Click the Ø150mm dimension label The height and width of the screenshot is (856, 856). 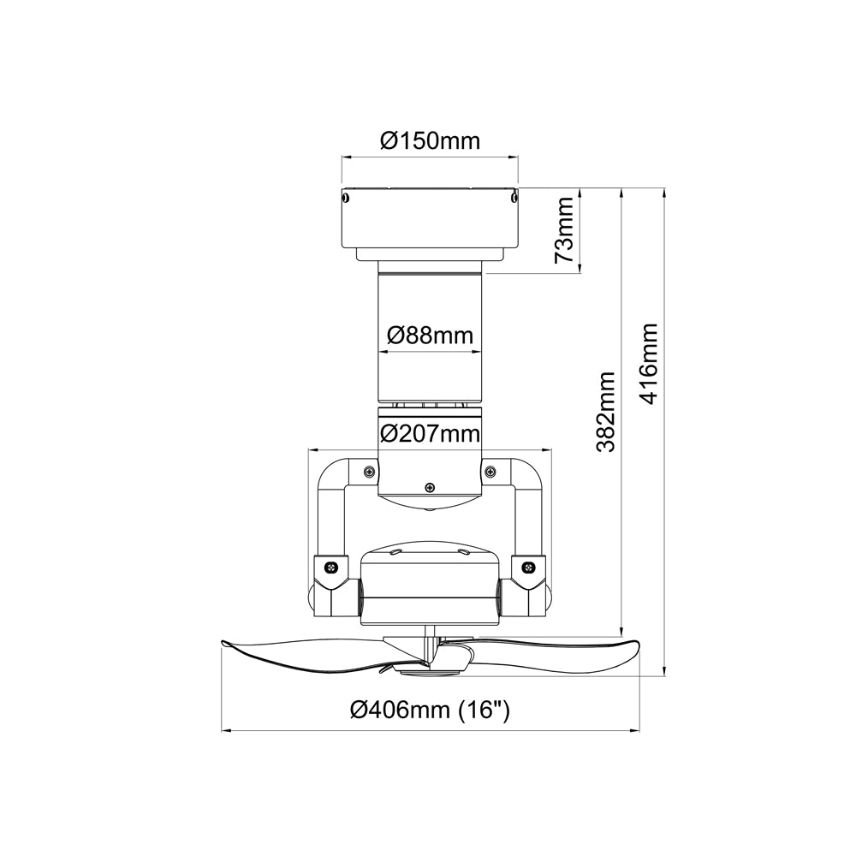(x=431, y=141)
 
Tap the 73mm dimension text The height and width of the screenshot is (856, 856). (x=564, y=229)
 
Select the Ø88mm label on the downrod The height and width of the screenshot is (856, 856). (x=431, y=336)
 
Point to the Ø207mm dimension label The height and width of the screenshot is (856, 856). (x=431, y=433)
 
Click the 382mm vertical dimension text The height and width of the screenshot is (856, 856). (x=606, y=413)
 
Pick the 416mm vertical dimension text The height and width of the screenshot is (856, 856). (x=649, y=364)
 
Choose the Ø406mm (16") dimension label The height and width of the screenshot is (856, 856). (x=431, y=710)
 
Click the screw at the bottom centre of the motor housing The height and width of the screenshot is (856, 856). (x=431, y=487)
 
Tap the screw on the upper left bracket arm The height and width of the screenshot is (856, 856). (x=369, y=471)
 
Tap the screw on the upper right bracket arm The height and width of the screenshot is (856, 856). (x=490, y=471)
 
